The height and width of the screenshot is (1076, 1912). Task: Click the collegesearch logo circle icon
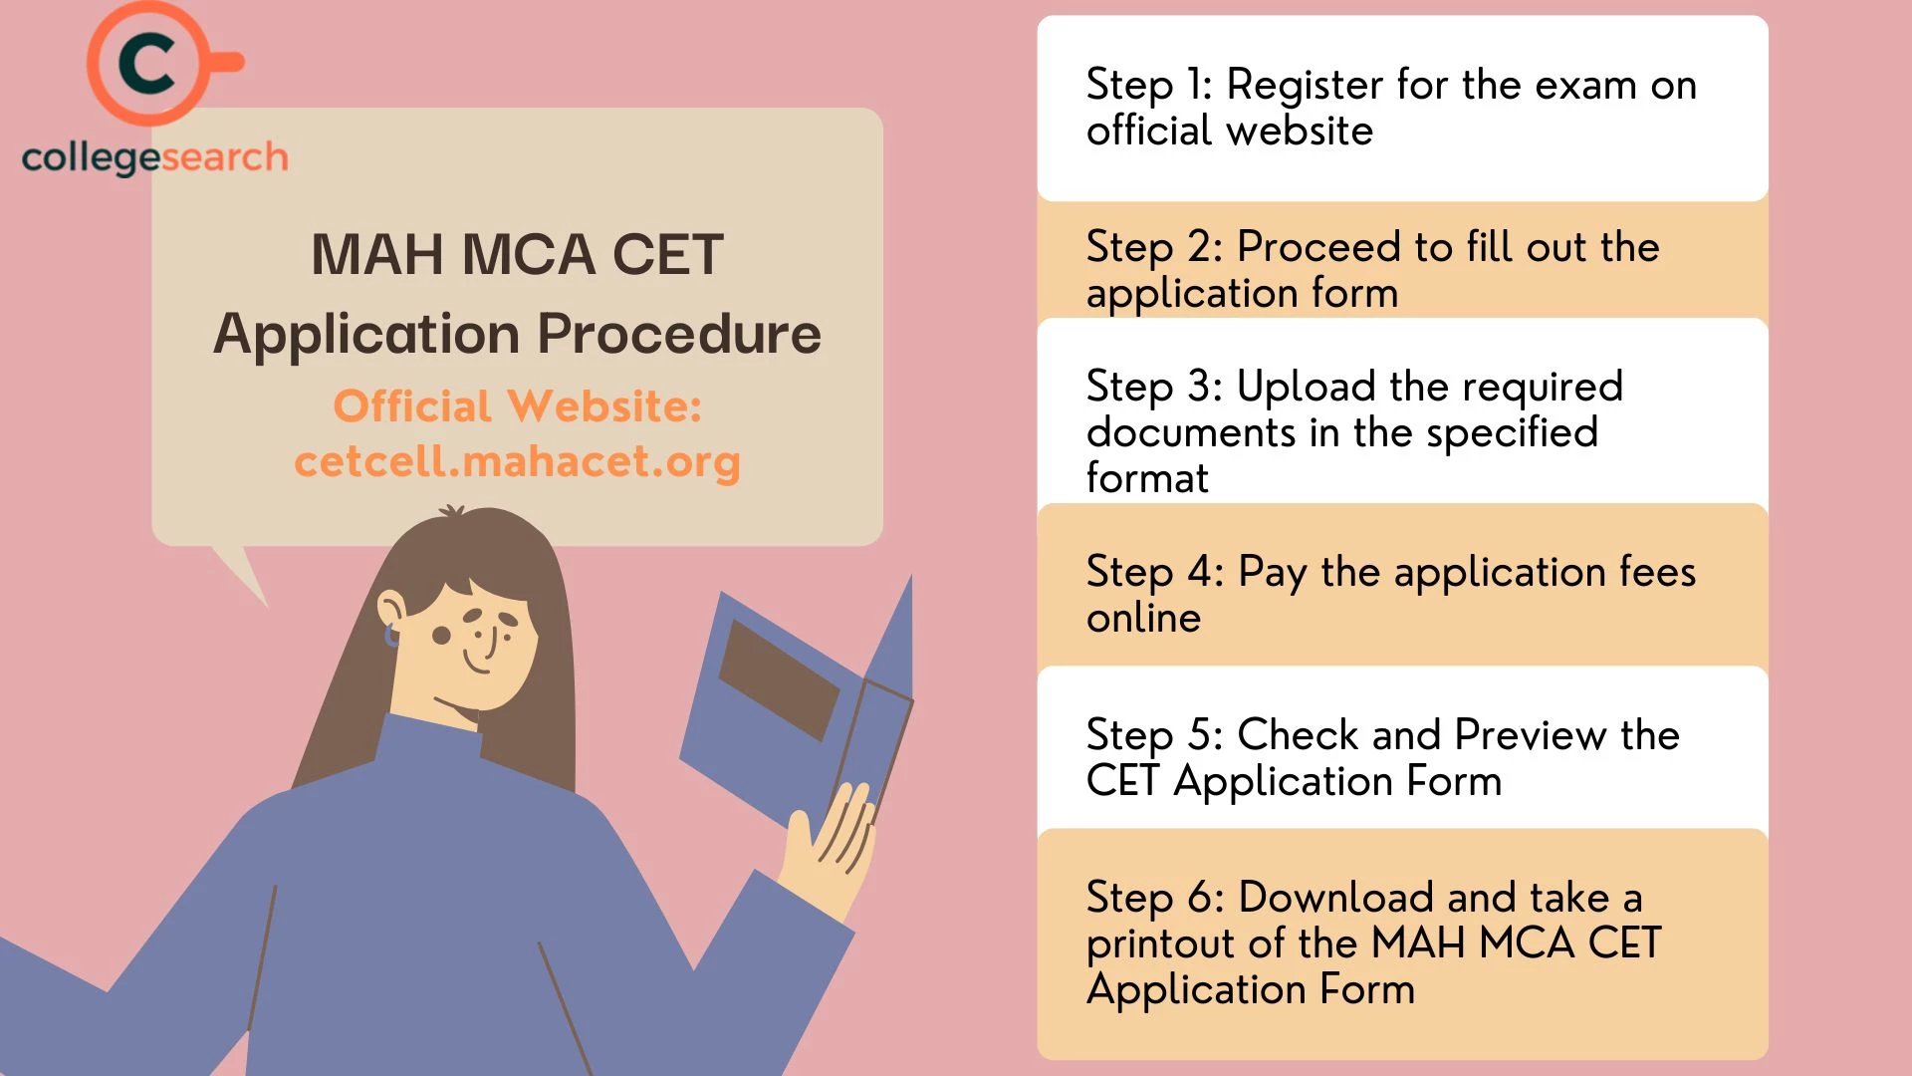pyautogui.click(x=149, y=64)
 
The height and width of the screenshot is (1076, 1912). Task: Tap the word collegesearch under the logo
pyautogui.click(x=154, y=157)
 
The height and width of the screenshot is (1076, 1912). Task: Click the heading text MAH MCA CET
pyautogui.click(x=517, y=255)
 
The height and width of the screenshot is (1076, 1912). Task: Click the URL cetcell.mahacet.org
pyautogui.click(x=517, y=461)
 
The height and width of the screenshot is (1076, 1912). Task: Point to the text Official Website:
pyautogui.click(x=517, y=406)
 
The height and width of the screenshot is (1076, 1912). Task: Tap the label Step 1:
pyautogui.click(x=1148, y=86)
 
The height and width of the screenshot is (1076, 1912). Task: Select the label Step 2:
pyautogui.click(x=1153, y=247)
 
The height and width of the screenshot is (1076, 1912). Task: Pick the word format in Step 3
pyautogui.click(x=1147, y=478)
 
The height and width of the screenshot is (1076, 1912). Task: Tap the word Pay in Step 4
pyautogui.click(x=1272, y=573)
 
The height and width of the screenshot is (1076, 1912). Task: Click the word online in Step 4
pyautogui.click(x=1143, y=619)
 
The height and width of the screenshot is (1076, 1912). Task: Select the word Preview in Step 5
pyautogui.click(x=1530, y=735)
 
